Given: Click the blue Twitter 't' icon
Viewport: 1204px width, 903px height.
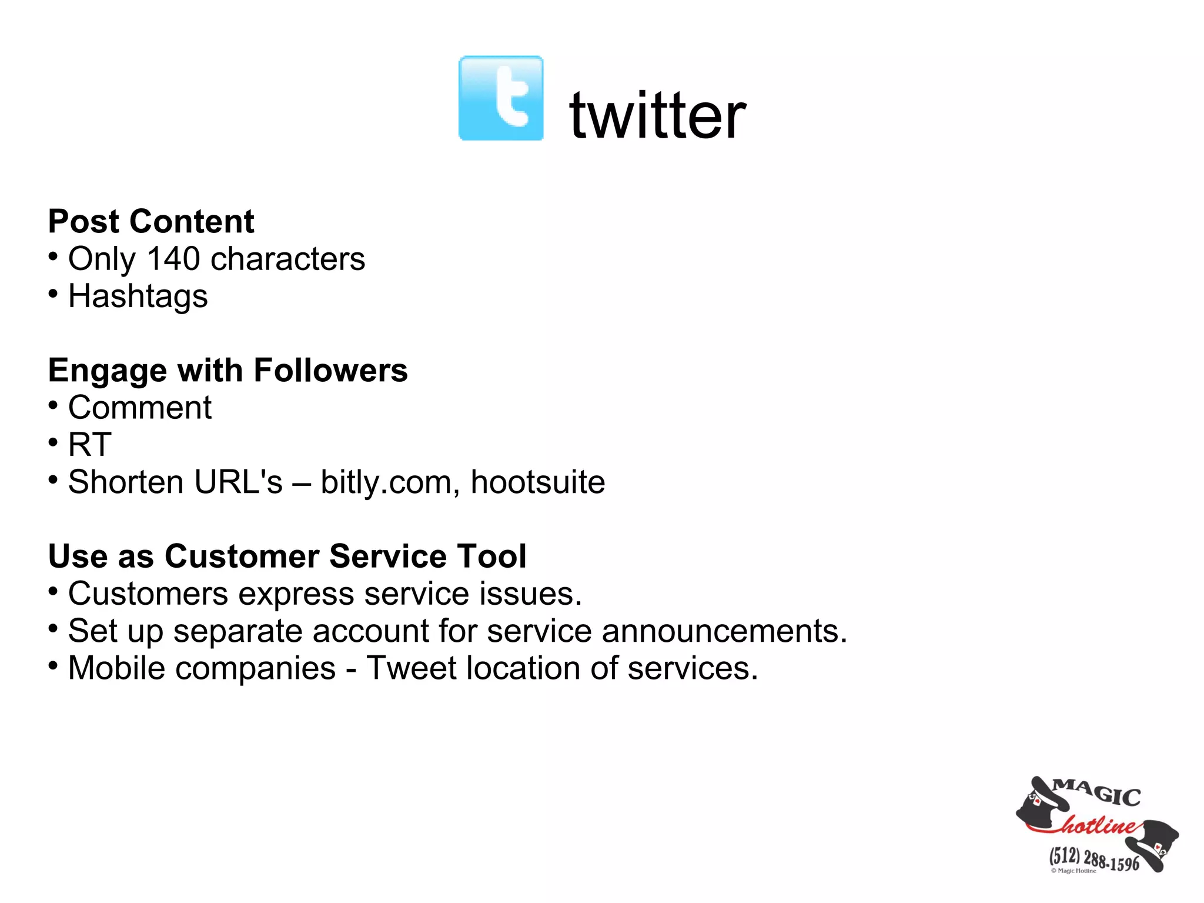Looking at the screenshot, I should pyautogui.click(x=501, y=98).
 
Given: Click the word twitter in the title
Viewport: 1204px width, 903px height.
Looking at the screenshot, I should pyautogui.click(x=658, y=115).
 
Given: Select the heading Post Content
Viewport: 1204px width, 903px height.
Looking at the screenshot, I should pyautogui.click(x=151, y=222).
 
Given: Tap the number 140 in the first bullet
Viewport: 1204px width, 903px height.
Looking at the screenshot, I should pyautogui.click(x=173, y=259).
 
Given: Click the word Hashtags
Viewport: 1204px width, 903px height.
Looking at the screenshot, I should pyautogui.click(x=138, y=296).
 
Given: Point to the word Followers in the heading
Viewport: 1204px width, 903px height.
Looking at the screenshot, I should pyautogui.click(x=330, y=371).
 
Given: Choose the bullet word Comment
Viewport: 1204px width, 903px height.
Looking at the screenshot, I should pyautogui.click(x=140, y=408).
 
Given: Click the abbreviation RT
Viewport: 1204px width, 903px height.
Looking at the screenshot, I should pyautogui.click(x=89, y=445).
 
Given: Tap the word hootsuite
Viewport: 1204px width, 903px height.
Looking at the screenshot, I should pyautogui.click(x=538, y=482).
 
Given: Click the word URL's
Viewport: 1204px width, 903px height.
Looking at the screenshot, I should pyautogui.click(x=238, y=482).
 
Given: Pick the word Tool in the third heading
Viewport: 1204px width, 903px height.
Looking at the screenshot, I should pyautogui.click(x=491, y=557).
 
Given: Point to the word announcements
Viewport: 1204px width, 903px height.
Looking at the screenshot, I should pyautogui.click(x=724, y=631).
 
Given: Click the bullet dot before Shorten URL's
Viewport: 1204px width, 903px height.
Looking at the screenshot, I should pyautogui.click(x=53, y=480).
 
